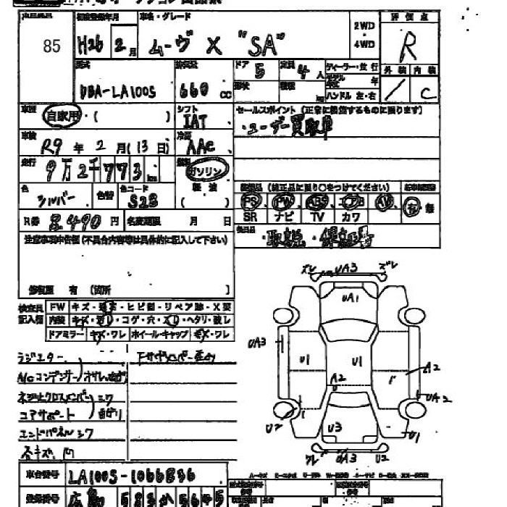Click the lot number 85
[x=51, y=46]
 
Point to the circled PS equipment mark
[x=251, y=201]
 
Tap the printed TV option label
[x=317, y=217]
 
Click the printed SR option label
[x=251, y=217]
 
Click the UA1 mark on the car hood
[x=351, y=298]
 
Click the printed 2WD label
[x=364, y=26]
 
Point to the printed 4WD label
[x=364, y=43]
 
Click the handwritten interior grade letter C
[x=427, y=91]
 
